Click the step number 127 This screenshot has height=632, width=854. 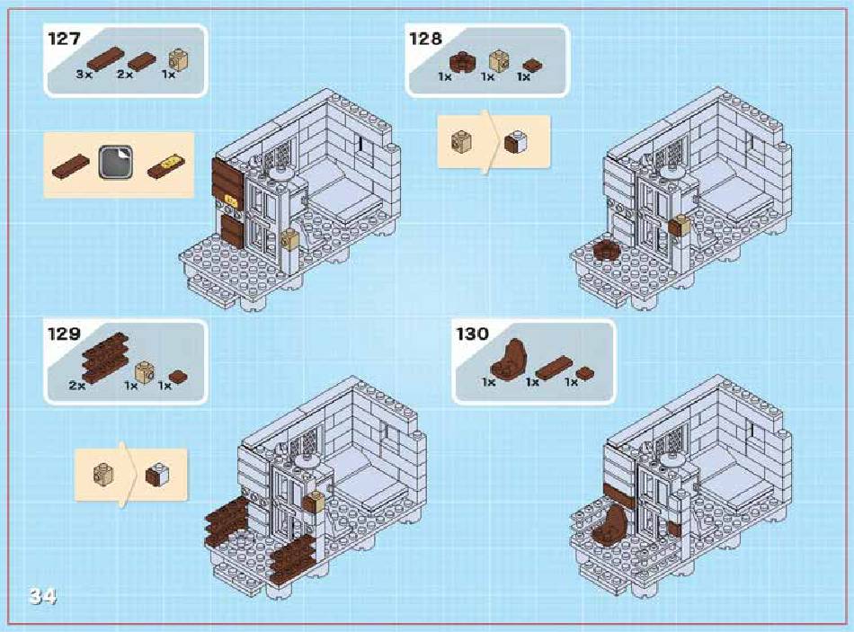tap(64, 39)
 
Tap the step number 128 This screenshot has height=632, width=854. tap(425, 39)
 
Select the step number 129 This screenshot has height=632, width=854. tap(64, 334)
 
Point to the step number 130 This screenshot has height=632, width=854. tap(472, 334)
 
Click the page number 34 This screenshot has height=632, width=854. tap(42, 596)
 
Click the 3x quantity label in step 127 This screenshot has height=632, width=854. tap(84, 74)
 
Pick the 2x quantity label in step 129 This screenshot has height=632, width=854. tap(76, 385)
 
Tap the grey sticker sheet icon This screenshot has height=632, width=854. tap(115, 163)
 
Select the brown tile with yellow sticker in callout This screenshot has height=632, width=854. tap(166, 166)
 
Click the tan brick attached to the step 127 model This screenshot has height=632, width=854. tap(289, 239)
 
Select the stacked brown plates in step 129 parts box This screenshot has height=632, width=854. tap(106, 357)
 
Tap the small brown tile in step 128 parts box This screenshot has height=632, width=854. tap(532, 66)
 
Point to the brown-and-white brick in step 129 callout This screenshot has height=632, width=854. tap(157, 475)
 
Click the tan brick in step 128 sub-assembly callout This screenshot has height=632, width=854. tap(462, 142)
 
